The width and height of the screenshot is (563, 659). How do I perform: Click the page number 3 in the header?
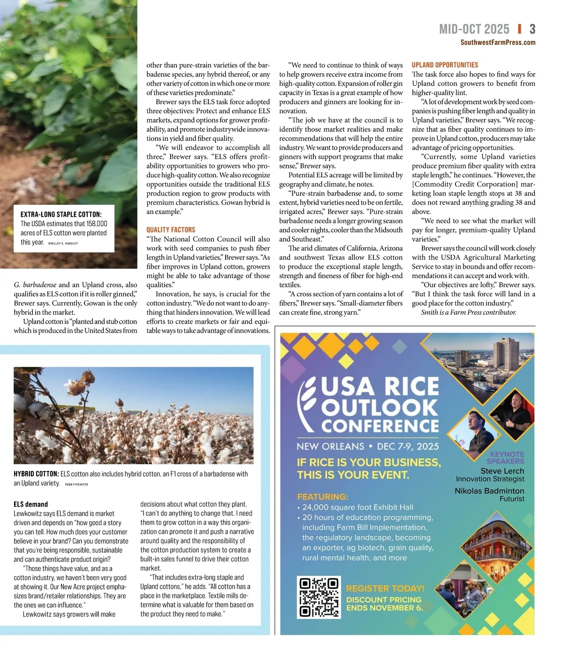point(532,30)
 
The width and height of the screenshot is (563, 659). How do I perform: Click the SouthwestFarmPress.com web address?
point(498,43)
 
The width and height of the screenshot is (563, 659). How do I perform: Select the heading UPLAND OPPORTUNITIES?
point(445,65)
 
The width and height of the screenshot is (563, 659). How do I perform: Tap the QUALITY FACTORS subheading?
point(171,230)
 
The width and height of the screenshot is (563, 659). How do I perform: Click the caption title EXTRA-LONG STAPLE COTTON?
point(61,214)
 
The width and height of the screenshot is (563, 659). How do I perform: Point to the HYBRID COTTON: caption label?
point(36,474)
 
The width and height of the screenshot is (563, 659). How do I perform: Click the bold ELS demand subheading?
point(30,504)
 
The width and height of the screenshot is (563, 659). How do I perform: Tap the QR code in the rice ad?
point(319,597)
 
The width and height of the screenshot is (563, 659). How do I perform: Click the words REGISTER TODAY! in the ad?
point(385,589)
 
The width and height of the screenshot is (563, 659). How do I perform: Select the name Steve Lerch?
point(502,471)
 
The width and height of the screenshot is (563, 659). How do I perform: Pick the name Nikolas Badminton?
point(489,491)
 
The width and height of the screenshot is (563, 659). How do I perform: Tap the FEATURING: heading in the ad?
point(322,497)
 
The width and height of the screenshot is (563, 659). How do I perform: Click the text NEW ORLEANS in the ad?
point(330,447)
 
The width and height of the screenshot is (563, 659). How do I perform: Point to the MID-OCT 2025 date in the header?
point(474,30)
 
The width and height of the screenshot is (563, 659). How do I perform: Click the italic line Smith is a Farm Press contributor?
point(468,312)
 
